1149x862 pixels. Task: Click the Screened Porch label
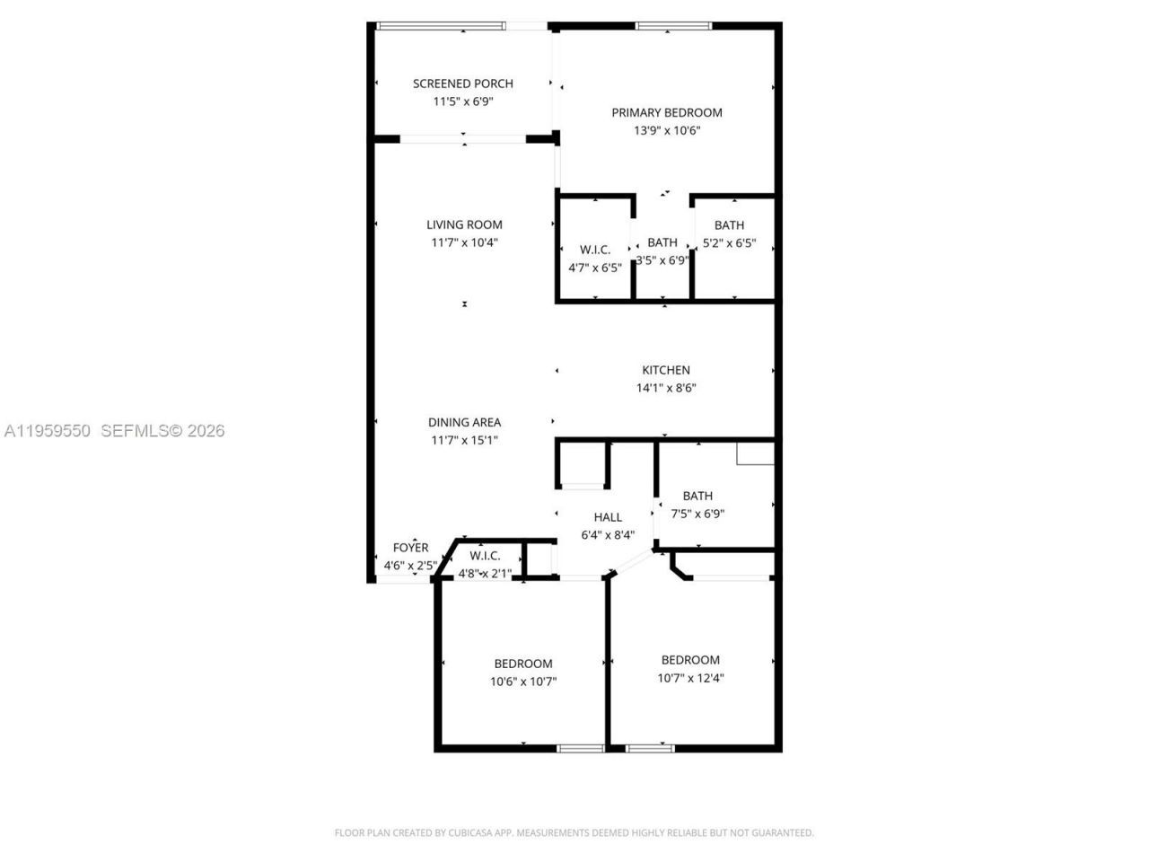point(462,84)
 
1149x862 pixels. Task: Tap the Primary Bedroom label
point(666,112)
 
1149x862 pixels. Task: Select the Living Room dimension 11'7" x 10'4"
point(464,242)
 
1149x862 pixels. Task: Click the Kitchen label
point(665,370)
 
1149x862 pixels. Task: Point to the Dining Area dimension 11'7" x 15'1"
point(464,440)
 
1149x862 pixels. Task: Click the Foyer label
point(410,548)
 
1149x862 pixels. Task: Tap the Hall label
point(608,517)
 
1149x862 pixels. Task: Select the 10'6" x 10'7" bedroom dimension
point(522,682)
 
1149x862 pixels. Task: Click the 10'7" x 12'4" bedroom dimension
point(690,678)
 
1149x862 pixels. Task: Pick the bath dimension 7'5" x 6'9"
point(697,514)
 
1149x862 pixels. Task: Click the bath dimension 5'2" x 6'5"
point(729,242)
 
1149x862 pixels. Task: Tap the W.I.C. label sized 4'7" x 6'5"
point(595,250)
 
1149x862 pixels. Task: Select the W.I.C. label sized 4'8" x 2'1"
point(485,556)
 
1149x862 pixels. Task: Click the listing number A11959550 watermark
point(47,431)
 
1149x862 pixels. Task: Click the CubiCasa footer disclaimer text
point(574,832)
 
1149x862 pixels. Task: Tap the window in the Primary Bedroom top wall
point(673,26)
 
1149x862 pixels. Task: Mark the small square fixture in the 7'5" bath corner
point(755,453)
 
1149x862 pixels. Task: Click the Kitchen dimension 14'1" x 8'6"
point(665,388)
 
